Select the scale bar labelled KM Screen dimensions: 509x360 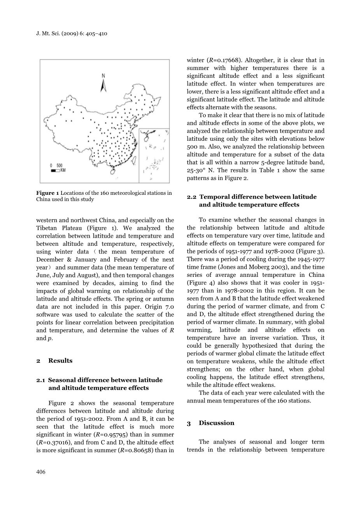coord(56,170)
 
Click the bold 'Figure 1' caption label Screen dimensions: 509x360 coord(47,193)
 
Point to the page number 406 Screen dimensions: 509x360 coord(41,472)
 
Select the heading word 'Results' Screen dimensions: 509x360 coord(60,360)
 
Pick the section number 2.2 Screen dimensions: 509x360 coord(191,197)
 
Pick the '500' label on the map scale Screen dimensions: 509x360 coord(59,166)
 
